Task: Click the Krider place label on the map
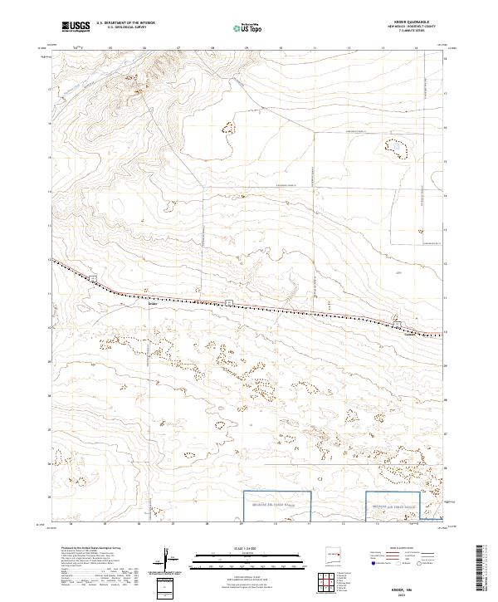[x=152, y=304]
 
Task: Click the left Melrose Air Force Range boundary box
[x=276, y=505]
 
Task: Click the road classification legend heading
[x=397, y=549]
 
